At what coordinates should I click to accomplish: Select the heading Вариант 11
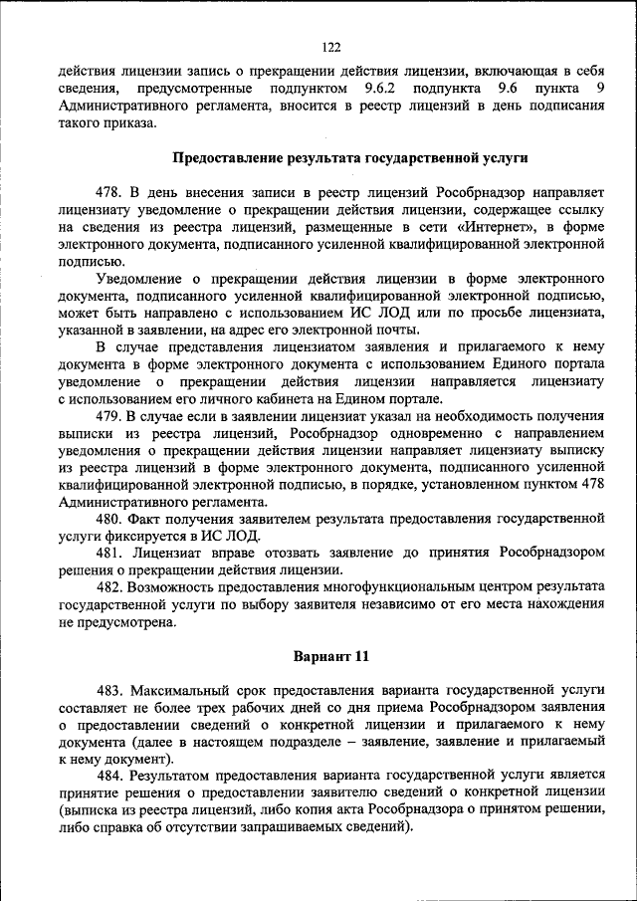331,656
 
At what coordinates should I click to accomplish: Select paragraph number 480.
109,519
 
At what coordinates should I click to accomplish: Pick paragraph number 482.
109,587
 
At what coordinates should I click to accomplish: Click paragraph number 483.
109,690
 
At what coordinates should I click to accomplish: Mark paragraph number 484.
109,776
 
